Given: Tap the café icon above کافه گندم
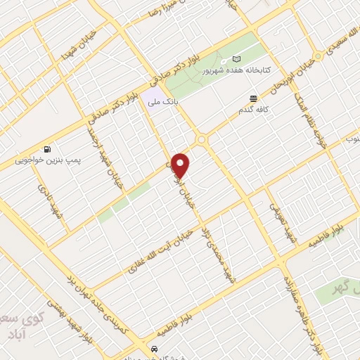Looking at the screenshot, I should click(x=253, y=98).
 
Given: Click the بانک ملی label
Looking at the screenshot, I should click(x=163, y=103).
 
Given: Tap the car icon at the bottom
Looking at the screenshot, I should click(x=154, y=349).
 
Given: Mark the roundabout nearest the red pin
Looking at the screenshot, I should click(x=202, y=140).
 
